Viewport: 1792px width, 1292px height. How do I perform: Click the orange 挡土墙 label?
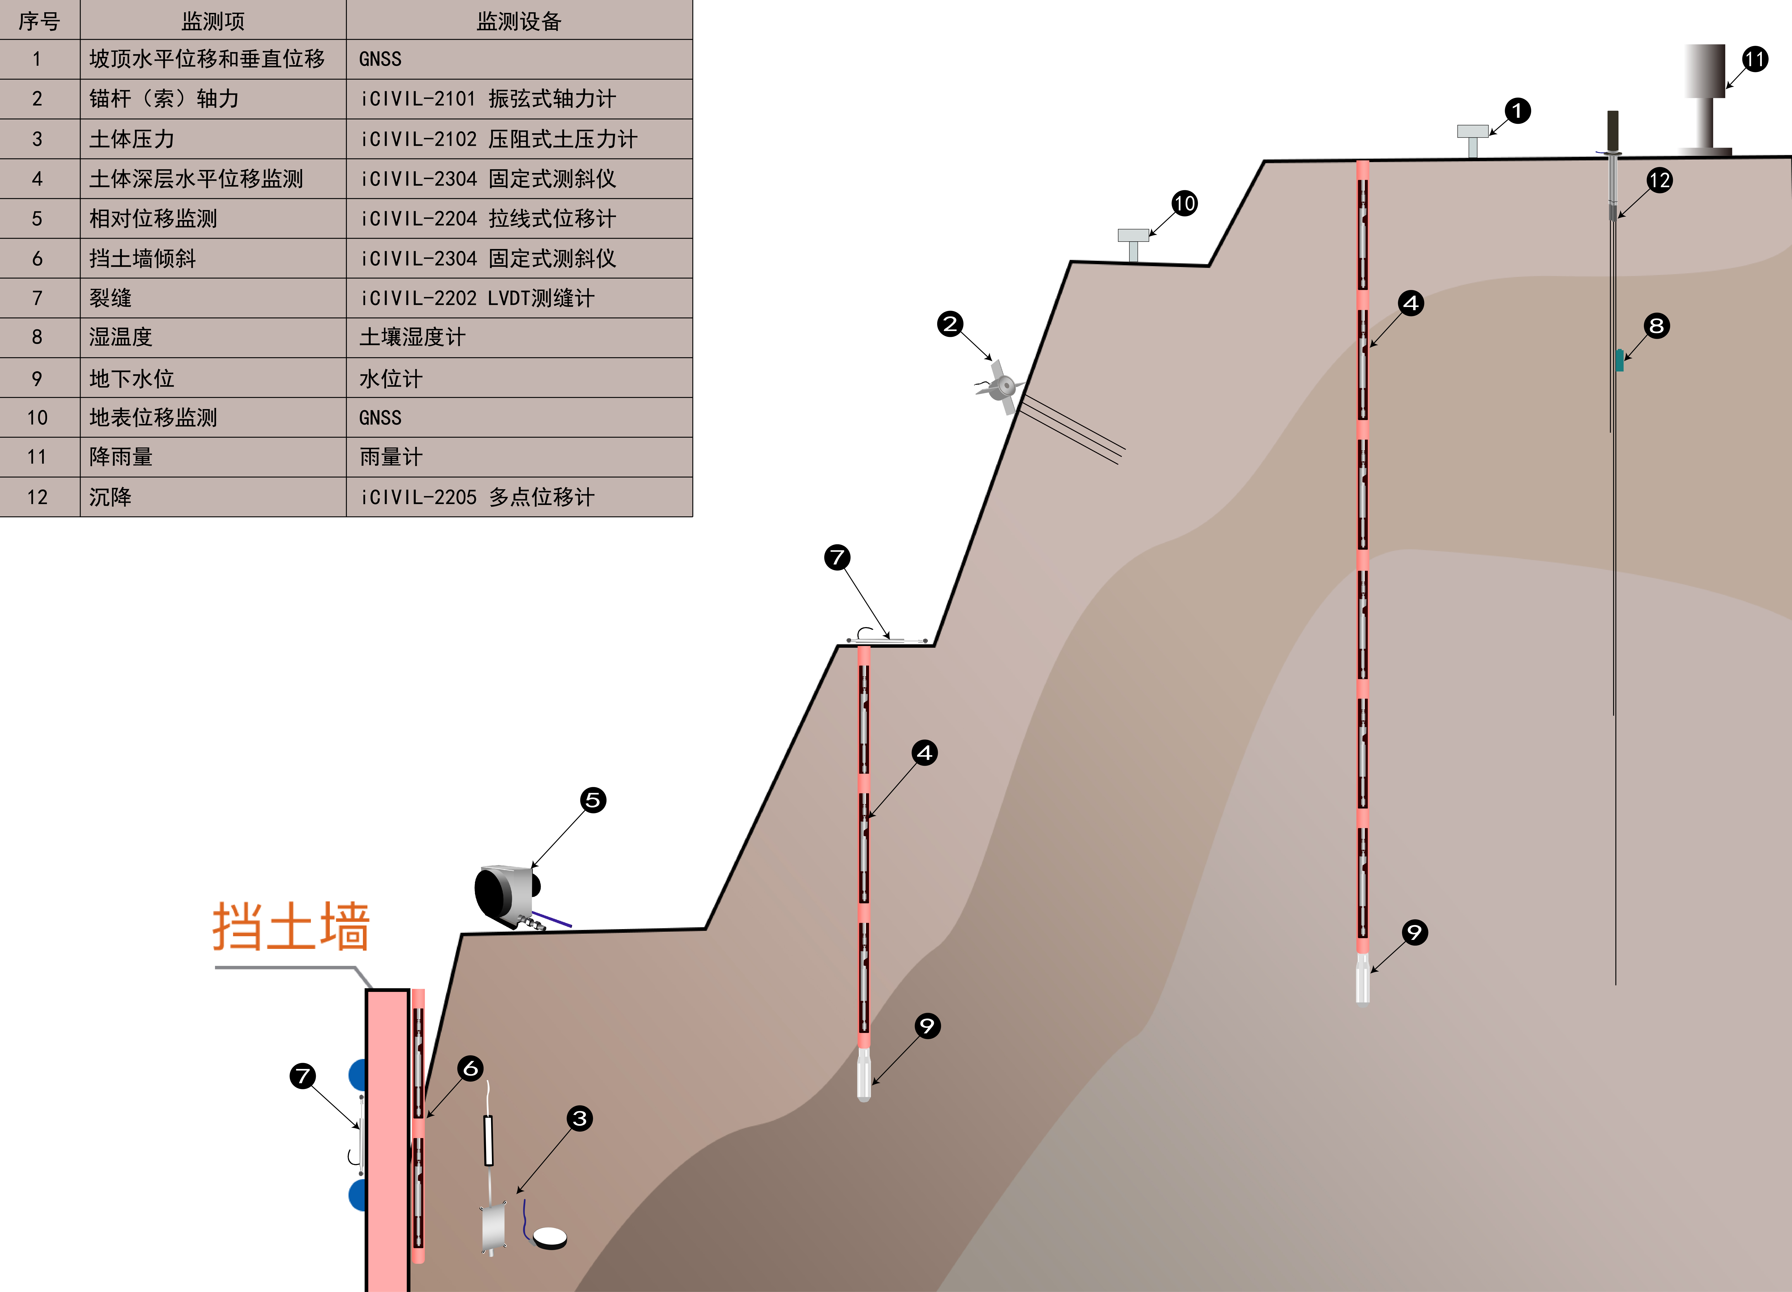pos(291,926)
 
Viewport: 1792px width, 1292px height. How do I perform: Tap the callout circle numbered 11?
pos(1755,59)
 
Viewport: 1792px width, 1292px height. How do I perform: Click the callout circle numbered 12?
pos(1659,180)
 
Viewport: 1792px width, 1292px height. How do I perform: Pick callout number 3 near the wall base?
pos(579,1118)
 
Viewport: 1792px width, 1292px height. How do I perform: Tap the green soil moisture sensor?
pos(1619,360)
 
